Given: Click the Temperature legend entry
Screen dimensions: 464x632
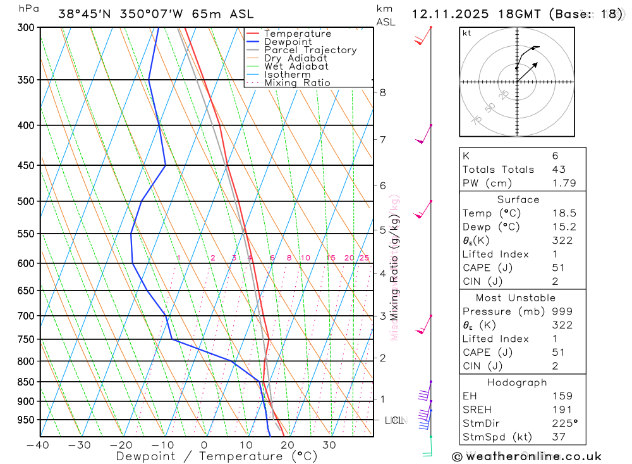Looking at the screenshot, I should (297, 34).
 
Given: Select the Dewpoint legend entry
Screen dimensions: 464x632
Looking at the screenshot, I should (288, 42).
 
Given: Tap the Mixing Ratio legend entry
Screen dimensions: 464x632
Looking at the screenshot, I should (297, 83).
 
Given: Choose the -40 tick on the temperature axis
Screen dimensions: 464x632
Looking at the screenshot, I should (38, 445).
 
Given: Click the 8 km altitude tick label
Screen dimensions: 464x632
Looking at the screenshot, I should (382, 92).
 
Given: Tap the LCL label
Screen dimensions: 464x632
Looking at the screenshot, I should (394, 420).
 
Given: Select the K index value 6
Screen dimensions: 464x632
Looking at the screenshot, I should (555, 156).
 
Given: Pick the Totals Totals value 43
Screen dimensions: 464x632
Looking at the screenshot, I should (559, 170).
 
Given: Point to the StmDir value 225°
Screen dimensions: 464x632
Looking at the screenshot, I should (564, 423).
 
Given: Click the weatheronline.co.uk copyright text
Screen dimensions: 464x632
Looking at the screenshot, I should (526, 456).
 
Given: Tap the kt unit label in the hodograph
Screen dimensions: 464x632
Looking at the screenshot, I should (467, 34).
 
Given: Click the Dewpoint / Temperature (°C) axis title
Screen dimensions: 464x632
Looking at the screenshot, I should (217, 456).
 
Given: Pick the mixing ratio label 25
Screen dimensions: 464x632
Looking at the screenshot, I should (364, 258).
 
